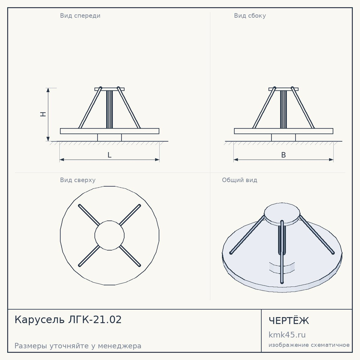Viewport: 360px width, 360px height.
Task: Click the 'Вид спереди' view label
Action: [80, 15]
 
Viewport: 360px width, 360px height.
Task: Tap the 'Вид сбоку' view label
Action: [250, 15]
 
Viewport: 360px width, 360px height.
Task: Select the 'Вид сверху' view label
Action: [78, 180]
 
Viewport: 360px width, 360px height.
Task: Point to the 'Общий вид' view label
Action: [239, 180]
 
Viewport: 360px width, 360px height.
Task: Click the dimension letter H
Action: [43, 114]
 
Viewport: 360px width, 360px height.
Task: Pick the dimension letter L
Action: [109, 155]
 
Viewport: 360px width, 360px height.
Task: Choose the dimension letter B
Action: [284, 155]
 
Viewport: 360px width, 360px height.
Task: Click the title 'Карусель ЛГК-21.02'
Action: [68, 320]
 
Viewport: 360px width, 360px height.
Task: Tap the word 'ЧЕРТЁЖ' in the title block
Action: [289, 321]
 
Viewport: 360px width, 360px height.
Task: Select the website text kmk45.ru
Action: [287, 335]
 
